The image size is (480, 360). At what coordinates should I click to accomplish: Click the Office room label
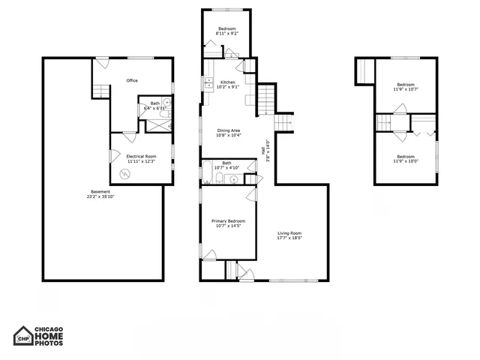(x=132, y=81)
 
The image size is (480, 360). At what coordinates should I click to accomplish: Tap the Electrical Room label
(x=140, y=156)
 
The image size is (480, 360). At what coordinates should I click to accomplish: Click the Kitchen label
(x=228, y=82)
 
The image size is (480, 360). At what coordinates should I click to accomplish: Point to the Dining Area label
(x=229, y=130)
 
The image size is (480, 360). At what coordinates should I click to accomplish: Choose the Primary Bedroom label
(x=228, y=220)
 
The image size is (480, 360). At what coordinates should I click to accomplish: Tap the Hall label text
(x=262, y=150)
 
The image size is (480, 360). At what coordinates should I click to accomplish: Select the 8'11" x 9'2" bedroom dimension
(x=227, y=33)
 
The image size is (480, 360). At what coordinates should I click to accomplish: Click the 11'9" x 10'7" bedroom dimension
(x=406, y=89)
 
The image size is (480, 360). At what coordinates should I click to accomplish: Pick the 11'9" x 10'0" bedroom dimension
(x=406, y=160)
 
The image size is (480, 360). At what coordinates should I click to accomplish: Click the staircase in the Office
(x=100, y=91)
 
